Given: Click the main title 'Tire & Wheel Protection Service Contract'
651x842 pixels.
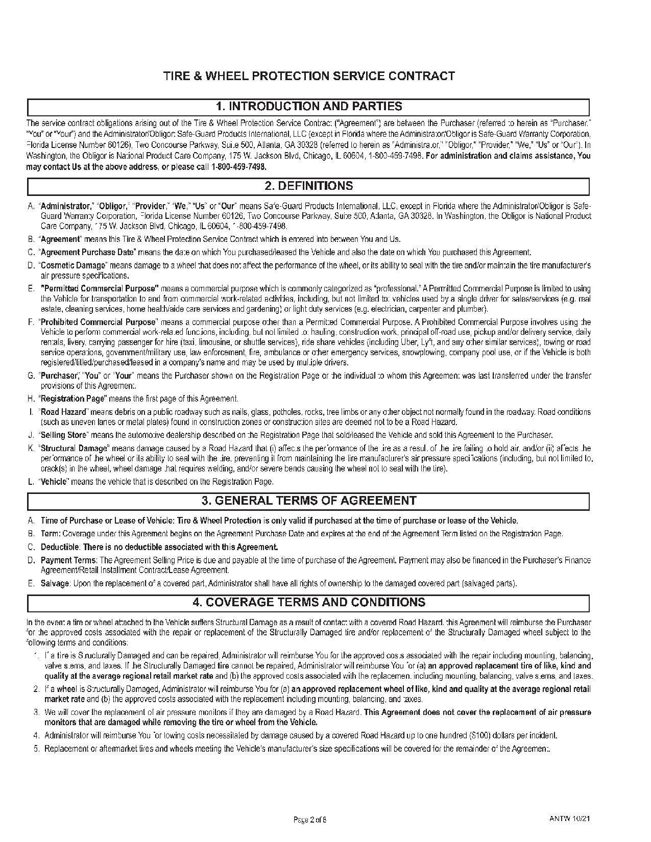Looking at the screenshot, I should click(x=308, y=76).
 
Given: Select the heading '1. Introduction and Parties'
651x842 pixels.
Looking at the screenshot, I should click(x=308, y=107).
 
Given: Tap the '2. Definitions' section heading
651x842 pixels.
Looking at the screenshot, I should click(x=308, y=186).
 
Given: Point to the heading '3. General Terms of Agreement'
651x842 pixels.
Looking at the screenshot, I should click(x=308, y=501).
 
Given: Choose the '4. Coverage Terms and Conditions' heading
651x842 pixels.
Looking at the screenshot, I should click(x=308, y=602).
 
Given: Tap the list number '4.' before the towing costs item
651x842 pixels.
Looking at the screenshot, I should click(x=36, y=735).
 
